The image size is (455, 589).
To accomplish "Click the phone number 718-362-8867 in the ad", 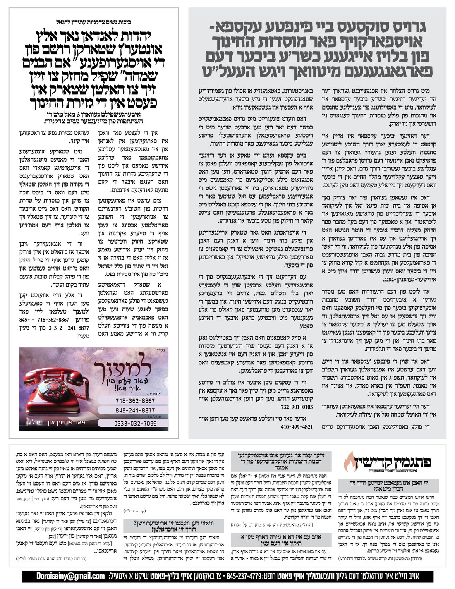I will [135, 401].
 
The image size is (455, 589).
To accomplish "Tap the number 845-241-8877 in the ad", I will [135, 410].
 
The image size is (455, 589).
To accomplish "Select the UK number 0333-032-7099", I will [135, 423].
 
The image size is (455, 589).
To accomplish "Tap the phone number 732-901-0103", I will [297, 407].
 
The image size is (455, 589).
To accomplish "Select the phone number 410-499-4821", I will [297, 427].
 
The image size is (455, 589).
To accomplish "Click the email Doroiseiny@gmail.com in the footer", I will [70, 576].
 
